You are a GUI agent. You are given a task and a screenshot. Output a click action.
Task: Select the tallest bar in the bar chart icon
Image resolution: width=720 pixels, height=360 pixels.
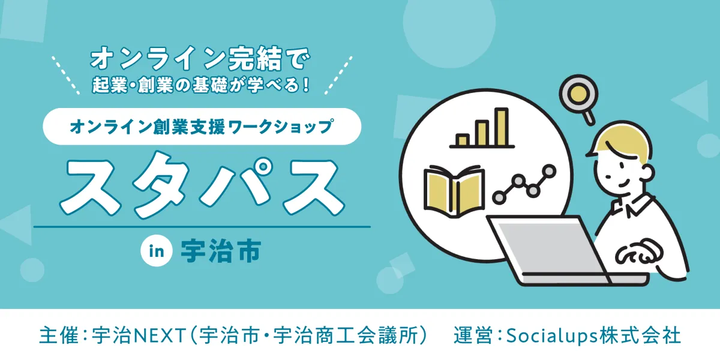(501, 127)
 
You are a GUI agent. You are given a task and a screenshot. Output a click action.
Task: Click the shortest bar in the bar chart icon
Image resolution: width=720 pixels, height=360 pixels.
(463, 140)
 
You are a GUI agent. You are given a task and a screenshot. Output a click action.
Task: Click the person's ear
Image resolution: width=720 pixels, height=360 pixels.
(647, 173)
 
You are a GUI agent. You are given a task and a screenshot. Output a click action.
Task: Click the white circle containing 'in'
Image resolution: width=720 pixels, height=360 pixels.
(157, 251)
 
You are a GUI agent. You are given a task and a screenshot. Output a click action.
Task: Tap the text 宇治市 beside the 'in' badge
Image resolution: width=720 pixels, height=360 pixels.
(221, 251)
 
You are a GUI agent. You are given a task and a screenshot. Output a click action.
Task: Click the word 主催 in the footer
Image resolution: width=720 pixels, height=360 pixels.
(59, 335)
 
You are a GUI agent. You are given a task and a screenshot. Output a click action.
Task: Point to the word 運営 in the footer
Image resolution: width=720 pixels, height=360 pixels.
(473, 335)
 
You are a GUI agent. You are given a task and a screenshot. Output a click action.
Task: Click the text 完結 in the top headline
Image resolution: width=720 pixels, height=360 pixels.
(255, 59)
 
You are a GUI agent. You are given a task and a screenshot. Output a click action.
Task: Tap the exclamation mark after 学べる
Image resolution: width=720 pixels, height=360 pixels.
(305, 85)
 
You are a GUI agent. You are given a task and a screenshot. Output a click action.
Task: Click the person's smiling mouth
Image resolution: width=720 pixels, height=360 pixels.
(622, 184)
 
